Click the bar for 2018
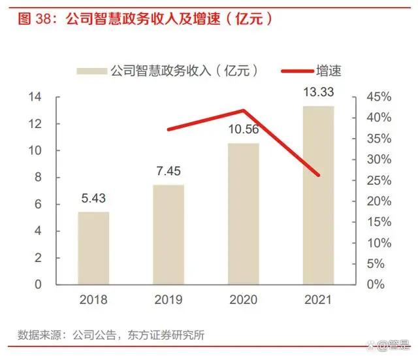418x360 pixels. tap(93, 248)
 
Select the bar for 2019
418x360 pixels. tap(169, 235)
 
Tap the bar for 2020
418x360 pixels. tap(243, 214)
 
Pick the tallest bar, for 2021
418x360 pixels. tap(318, 195)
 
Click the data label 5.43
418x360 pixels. tap(93, 197)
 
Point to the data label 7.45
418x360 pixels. tap(169, 171)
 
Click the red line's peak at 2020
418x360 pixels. tap(243, 110)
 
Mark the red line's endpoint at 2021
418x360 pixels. tap(318, 175)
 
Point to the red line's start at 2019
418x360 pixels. tap(169, 129)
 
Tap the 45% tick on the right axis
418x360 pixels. tap(379, 97)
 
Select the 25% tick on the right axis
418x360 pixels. tap(379, 180)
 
